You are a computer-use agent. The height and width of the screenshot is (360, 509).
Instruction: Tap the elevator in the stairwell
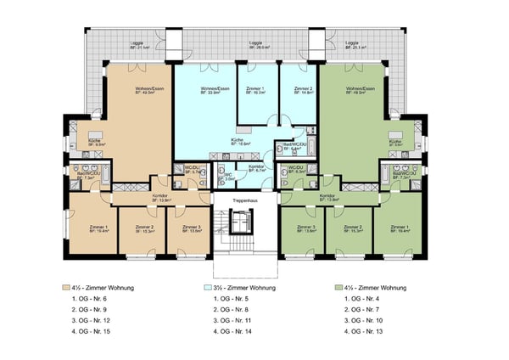(243, 222)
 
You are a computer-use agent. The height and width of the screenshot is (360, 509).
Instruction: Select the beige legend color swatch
(66, 289)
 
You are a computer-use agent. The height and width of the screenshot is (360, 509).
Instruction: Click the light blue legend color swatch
(199, 289)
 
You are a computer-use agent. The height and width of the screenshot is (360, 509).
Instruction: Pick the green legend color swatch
(338, 289)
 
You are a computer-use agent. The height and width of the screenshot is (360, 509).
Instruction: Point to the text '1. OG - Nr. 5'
(228, 300)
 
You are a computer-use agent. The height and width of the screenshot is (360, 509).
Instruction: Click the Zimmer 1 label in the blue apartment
(255, 89)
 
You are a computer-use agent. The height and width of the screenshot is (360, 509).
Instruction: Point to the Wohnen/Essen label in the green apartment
(361, 89)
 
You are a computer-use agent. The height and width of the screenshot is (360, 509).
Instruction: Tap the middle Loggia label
(255, 43)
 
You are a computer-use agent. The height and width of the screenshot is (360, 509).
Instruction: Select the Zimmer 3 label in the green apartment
(306, 228)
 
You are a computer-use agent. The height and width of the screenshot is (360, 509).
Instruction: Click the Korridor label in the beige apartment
(159, 197)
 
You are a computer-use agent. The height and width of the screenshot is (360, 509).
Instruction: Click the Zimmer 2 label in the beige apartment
(144, 228)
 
